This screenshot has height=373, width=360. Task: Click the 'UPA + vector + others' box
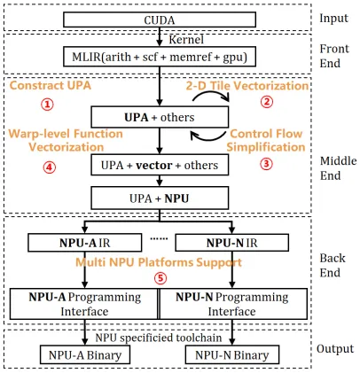point(159,164)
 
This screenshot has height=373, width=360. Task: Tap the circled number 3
point(267,163)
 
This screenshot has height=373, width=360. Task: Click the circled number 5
point(160,276)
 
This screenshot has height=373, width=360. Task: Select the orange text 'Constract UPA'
point(49,86)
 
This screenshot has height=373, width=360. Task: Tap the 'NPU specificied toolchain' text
point(160,338)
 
